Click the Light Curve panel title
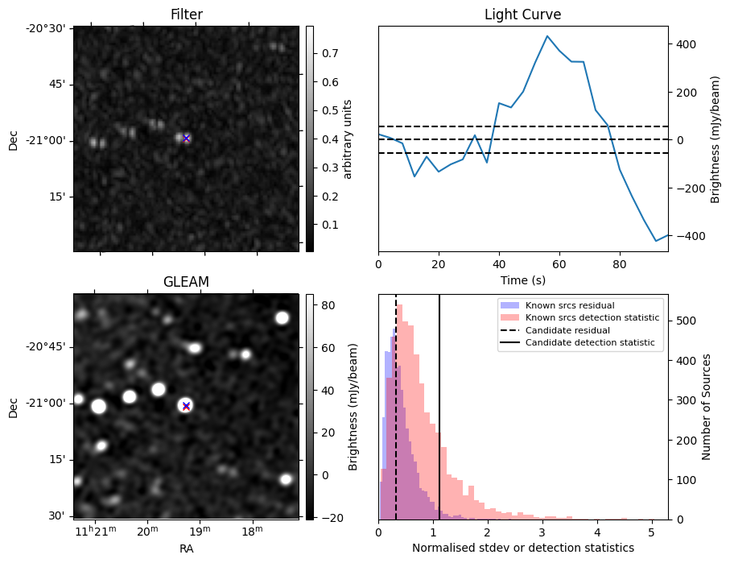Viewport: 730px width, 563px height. click(x=522, y=14)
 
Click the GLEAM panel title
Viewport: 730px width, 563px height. click(x=186, y=282)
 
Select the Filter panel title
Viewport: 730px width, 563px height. click(x=186, y=14)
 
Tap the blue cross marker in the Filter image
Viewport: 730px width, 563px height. click(x=187, y=138)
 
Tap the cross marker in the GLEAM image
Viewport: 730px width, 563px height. click(x=187, y=406)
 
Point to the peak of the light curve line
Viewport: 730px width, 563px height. click(x=547, y=36)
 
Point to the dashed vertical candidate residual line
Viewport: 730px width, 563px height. click(x=396, y=419)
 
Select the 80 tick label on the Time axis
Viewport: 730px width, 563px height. click(x=620, y=264)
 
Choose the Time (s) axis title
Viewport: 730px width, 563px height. click(x=522, y=279)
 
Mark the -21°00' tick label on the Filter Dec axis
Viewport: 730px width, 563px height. click(x=47, y=141)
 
